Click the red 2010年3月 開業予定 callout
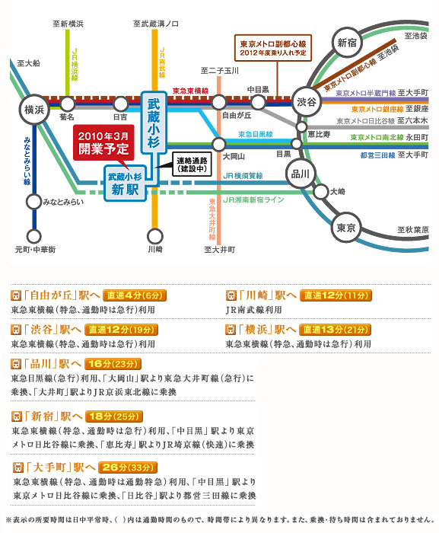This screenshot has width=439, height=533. point(103,142)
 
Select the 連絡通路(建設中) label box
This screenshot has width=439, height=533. point(192,164)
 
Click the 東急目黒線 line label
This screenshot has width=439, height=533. point(255,134)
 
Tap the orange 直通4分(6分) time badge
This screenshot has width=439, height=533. point(135,295)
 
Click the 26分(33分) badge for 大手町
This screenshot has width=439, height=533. point(128,468)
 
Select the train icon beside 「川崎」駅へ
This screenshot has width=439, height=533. point(231,295)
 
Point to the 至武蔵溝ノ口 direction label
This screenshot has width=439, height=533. point(156,24)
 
